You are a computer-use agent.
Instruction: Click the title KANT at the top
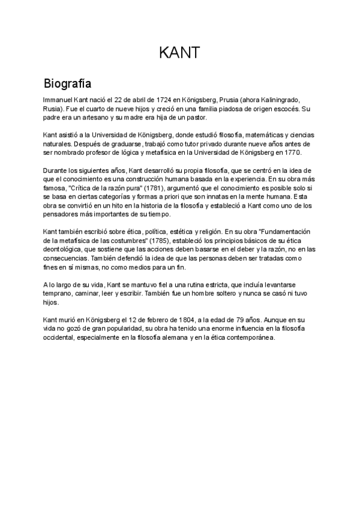[x=179, y=53]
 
